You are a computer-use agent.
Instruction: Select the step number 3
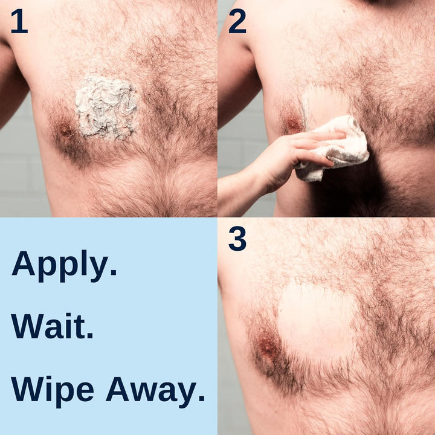click(x=237, y=239)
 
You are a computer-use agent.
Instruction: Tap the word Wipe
click(x=52, y=390)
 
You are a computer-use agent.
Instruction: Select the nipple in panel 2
click(x=292, y=124)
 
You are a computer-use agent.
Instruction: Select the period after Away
click(x=201, y=399)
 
